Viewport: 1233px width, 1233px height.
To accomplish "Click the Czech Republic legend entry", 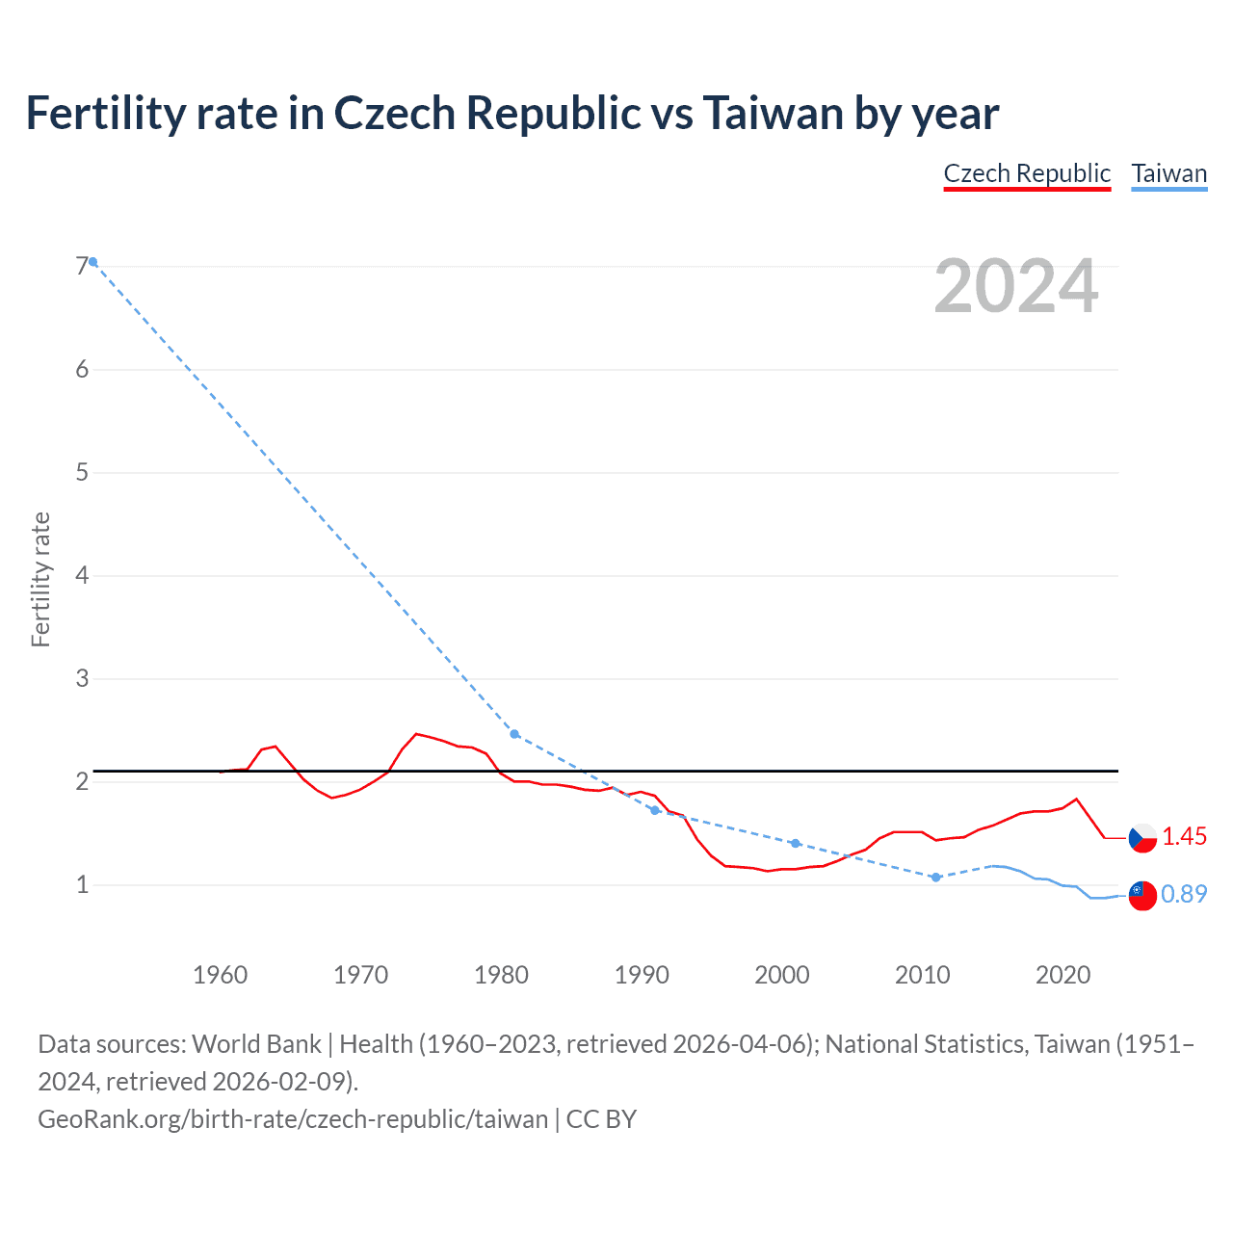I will [1027, 173].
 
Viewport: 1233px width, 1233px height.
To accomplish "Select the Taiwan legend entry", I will [1168, 173].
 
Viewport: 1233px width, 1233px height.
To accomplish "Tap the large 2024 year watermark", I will [1015, 286].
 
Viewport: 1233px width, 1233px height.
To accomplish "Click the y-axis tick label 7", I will [82, 266].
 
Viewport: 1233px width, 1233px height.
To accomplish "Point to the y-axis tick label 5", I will [82, 472].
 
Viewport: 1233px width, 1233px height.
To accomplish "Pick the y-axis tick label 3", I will [82, 678].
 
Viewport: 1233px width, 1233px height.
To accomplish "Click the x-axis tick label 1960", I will [221, 975].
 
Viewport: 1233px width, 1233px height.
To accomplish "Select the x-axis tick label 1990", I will [642, 975].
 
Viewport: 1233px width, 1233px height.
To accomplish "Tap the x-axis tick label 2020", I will [1062, 975].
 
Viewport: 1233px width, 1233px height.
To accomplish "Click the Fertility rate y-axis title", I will [40, 579].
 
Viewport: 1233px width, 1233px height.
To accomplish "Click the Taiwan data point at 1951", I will [93, 261].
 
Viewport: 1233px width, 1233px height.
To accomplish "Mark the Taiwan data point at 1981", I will [514, 734].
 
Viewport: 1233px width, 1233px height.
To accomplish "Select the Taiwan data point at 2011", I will [935, 878].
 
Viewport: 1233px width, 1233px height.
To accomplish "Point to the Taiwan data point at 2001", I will [795, 843].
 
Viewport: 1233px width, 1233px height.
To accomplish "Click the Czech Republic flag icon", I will [1142, 837].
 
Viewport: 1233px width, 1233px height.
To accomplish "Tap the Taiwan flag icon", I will [1142, 895].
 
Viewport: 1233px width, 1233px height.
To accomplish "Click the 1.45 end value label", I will [1184, 837].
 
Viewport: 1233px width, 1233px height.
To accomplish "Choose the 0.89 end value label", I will [1184, 895].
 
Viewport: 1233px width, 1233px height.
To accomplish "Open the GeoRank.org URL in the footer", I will [293, 1118].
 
